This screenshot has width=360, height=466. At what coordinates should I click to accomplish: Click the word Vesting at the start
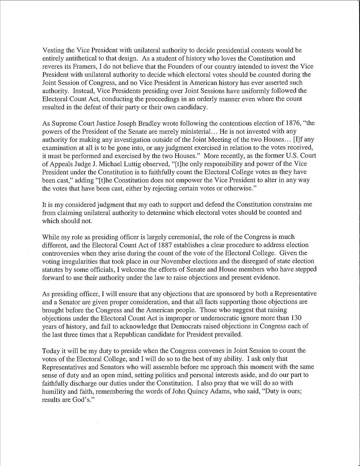[x=52, y=51]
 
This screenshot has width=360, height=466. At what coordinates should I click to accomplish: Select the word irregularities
[x=80, y=261]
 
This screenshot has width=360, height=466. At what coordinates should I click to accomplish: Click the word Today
[x=51, y=351]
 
